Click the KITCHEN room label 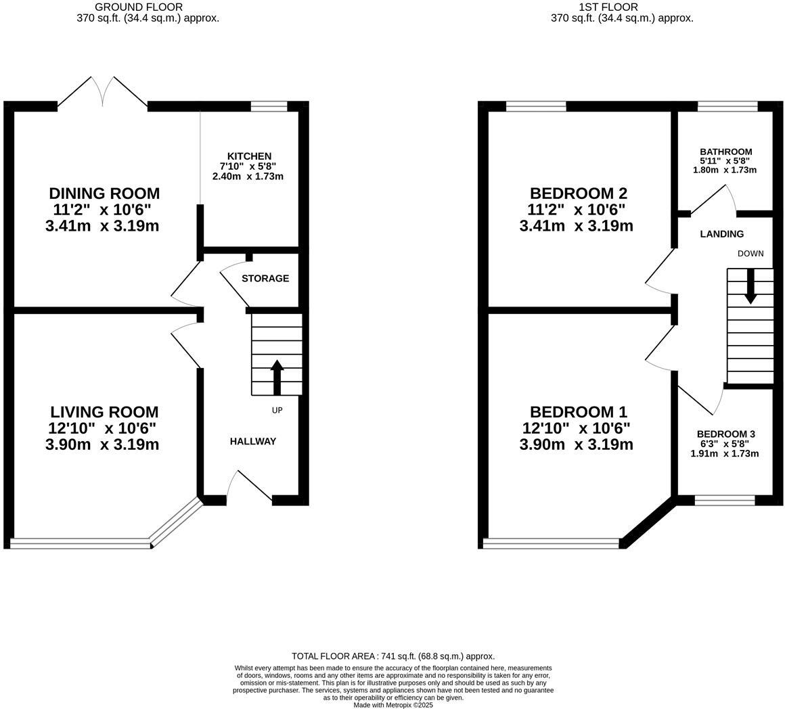(249, 156)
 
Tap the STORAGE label (265, 278)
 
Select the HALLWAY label (253, 441)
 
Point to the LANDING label (721, 234)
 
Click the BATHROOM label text (725, 152)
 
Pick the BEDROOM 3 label (725, 434)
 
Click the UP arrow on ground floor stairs (277, 377)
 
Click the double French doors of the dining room (103, 93)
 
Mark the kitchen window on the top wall (269, 106)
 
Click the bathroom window (727, 106)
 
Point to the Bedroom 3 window (724, 501)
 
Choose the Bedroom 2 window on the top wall (535, 106)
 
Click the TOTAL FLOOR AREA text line (392, 656)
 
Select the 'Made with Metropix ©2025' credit (392, 705)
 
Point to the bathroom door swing (711, 198)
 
